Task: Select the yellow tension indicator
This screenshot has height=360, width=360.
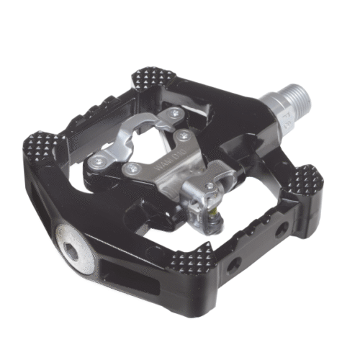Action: click(216, 210)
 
